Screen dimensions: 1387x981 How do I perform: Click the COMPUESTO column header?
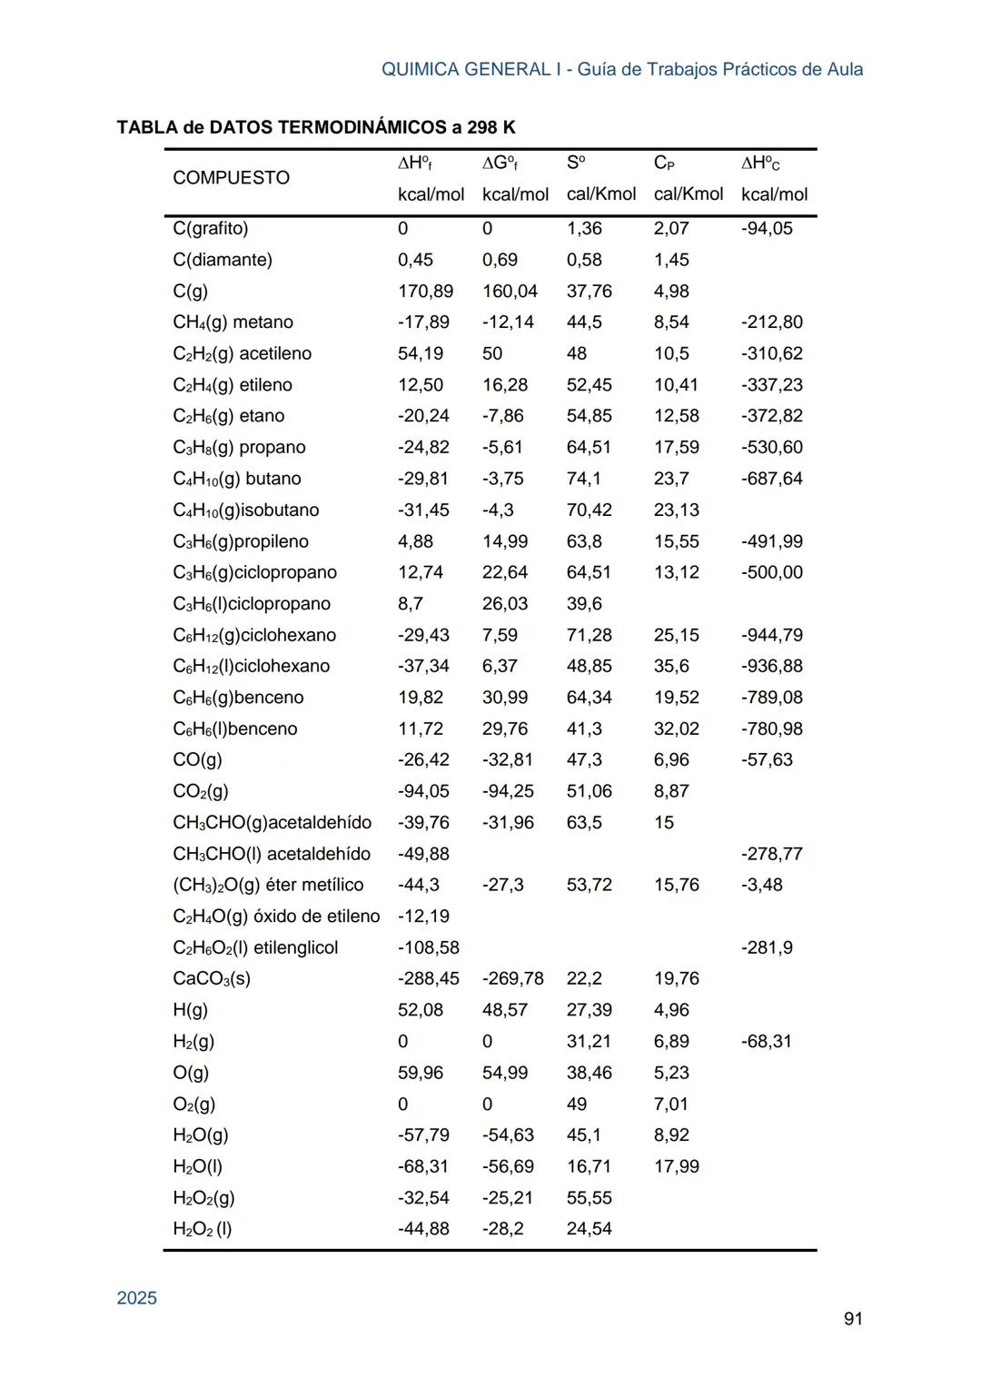pyautogui.click(x=231, y=178)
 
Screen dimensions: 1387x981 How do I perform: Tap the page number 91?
pyautogui.click(x=853, y=1319)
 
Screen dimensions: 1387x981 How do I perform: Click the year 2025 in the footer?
pyautogui.click(x=136, y=1298)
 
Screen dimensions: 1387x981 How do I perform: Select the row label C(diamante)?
pyautogui.click(x=222, y=260)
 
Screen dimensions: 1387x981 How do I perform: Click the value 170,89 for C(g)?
pyautogui.click(x=425, y=292)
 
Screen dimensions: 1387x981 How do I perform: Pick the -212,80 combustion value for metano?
pyautogui.click(x=771, y=322)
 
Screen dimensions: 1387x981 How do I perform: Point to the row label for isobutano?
pyautogui.click(x=245, y=510)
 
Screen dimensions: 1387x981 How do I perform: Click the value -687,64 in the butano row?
pyautogui.click(x=771, y=479)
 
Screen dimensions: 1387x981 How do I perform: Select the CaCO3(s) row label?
pyautogui.click(x=211, y=979)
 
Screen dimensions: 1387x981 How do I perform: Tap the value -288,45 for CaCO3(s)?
pyautogui.click(x=428, y=979)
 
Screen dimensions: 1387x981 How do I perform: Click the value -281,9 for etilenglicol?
pyautogui.click(x=767, y=948)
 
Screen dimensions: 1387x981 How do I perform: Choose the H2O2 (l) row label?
pyautogui.click(x=202, y=1229)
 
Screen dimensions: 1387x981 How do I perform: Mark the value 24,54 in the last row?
pyautogui.click(x=589, y=1229)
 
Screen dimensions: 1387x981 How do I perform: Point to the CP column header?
pyautogui.click(x=663, y=163)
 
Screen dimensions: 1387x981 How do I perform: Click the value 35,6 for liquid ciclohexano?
pyautogui.click(x=670, y=667)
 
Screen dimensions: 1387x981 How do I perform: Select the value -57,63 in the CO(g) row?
pyautogui.click(x=767, y=760)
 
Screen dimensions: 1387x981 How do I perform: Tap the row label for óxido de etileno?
pyautogui.click(x=275, y=916)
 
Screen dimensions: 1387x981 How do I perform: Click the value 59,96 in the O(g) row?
pyautogui.click(x=420, y=1073)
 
